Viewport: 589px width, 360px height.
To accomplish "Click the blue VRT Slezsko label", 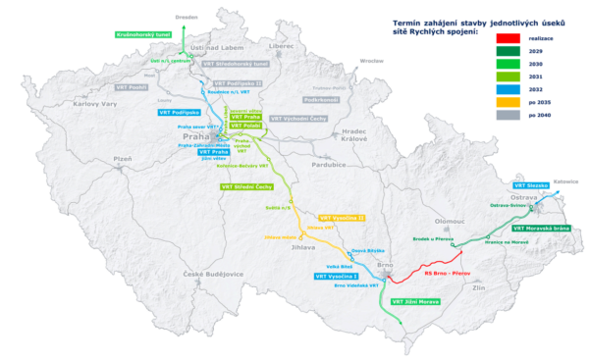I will pyautogui.click(x=534, y=184).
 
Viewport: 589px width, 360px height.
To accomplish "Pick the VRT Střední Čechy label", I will pyautogui.click(x=251, y=184).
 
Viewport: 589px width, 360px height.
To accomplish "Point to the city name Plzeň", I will pyautogui.click(x=123, y=157).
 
